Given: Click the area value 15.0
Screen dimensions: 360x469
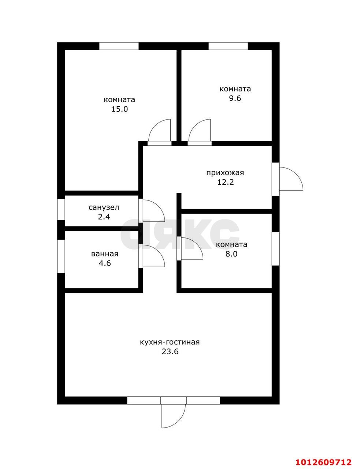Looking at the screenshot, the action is [119, 109].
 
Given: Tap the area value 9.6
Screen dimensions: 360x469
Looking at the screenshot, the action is [235, 99].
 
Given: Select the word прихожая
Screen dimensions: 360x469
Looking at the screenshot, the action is [225, 173].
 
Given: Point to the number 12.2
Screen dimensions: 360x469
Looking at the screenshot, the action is [225, 182].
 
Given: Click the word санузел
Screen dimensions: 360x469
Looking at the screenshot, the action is [104, 208].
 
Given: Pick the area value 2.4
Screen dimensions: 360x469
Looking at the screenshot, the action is [104, 217].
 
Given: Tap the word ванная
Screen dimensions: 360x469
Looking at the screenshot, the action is [105, 254].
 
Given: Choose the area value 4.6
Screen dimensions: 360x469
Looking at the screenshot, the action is [105, 263].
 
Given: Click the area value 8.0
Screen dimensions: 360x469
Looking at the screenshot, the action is [231, 254].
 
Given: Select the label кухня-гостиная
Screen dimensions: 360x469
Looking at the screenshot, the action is [170, 342].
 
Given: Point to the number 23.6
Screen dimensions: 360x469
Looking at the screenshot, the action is [170, 352].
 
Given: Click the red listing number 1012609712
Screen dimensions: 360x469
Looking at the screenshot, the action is [323, 461].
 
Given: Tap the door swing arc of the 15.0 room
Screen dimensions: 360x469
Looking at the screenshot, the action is [155, 125].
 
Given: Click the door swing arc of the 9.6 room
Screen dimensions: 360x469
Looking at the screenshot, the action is [195, 125].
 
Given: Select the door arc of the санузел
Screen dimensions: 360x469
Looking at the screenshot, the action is [159, 206].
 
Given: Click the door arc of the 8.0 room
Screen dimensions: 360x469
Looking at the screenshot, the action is [197, 243].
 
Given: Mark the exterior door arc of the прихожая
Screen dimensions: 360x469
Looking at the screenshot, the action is [297, 173].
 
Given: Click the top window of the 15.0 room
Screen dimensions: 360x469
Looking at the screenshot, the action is [119, 46].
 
